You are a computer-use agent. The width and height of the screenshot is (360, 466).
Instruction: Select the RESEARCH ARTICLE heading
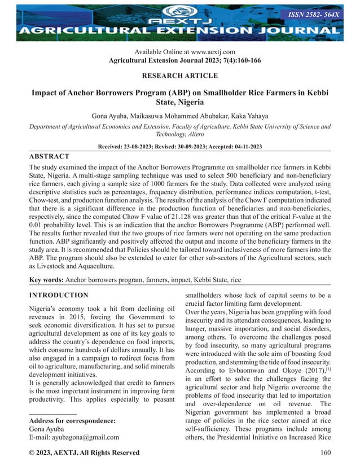click(180, 76)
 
